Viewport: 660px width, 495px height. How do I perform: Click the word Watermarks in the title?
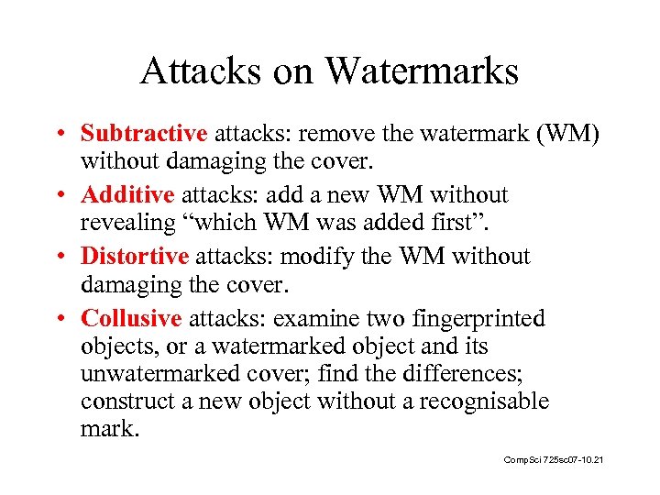coord(421,71)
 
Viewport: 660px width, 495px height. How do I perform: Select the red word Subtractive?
coord(144,134)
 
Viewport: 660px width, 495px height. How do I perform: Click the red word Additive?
coord(127,195)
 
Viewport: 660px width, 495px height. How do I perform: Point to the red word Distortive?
coord(135,257)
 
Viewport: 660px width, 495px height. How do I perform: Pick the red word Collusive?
coord(132,318)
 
